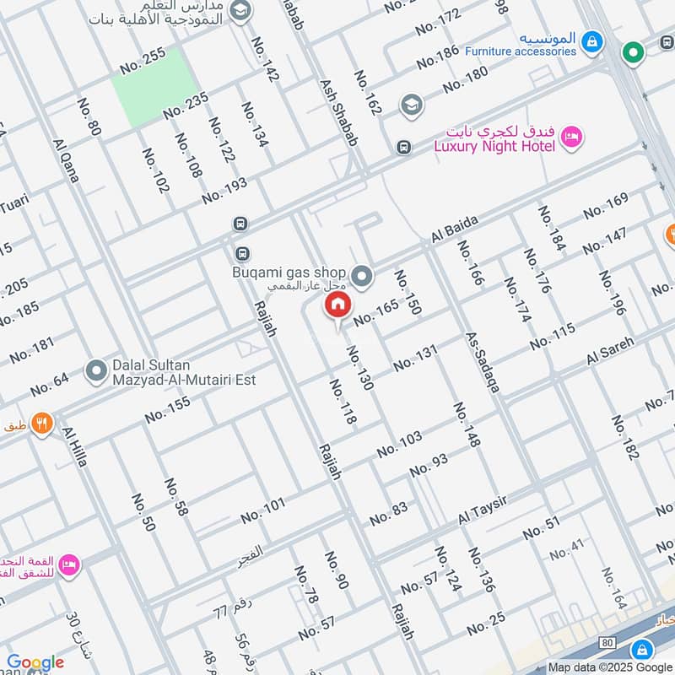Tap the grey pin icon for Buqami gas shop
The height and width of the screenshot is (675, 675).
tap(363, 275)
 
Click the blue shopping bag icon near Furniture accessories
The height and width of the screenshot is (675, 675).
tap(592, 40)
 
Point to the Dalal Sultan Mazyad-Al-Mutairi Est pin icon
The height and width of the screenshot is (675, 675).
tap(95, 370)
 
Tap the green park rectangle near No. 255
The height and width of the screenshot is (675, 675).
tap(154, 88)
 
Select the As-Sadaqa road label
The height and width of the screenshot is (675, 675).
tap(483, 362)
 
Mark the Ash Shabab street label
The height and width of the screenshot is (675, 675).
tap(338, 114)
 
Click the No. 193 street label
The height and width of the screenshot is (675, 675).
tap(224, 191)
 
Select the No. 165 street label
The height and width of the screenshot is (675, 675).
tap(375, 312)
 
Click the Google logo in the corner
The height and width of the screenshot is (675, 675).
tap(35, 662)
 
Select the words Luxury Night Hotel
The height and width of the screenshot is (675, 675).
tap(494, 146)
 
